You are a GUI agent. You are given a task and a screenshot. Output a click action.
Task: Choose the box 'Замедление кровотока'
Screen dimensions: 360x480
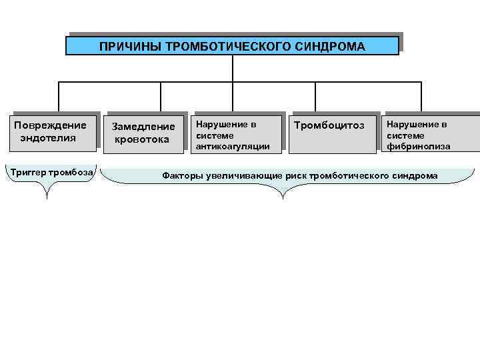click(143, 132)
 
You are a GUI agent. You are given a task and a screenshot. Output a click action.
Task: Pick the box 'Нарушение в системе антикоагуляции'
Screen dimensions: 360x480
click(234, 135)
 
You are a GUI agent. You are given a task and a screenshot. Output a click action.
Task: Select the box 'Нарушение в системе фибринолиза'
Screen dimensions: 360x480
click(427, 135)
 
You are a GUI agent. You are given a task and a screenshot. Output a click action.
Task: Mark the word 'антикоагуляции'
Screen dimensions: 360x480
click(232, 146)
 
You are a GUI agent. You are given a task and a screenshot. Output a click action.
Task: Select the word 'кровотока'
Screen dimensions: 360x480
click(142, 139)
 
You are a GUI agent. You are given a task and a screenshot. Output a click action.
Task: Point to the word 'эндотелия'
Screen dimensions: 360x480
click(49, 138)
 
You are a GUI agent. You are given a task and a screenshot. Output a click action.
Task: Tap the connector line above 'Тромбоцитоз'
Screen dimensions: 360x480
click(315, 96)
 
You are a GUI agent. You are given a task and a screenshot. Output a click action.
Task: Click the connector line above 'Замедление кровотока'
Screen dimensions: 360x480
click(161, 96)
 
